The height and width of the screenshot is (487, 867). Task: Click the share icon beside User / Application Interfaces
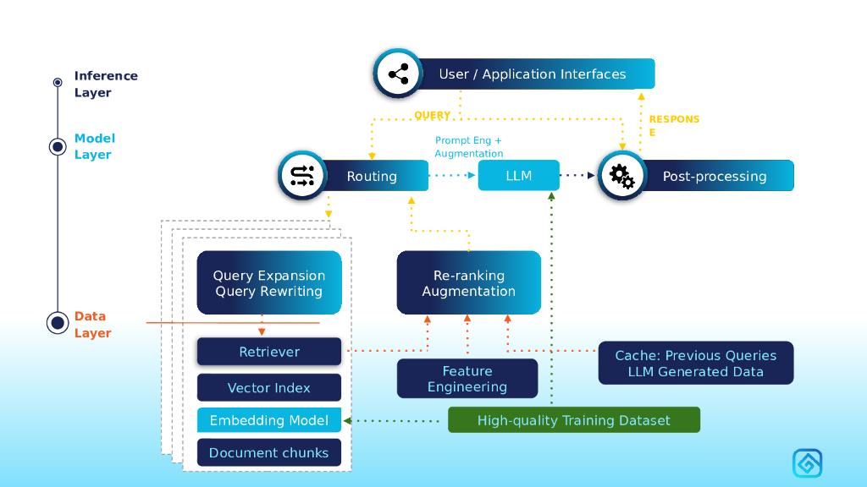tap(398, 74)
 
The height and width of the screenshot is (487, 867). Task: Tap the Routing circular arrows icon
tap(302, 176)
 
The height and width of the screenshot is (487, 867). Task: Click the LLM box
tap(518, 176)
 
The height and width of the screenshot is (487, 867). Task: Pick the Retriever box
tap(269, 352)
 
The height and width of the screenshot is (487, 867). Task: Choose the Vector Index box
tap(269, 388)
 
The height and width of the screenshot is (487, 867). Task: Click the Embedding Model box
tap(269, 420)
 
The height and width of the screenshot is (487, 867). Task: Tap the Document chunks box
tap(269, 452)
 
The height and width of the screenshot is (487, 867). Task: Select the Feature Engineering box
tap(467, 379)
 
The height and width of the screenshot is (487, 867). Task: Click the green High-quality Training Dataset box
tap(574, 420)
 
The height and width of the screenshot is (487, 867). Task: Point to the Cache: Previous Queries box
tap(696, 364)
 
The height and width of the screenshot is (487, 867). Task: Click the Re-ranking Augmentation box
tap(469, 283)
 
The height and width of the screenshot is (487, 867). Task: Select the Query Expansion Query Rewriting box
tap(269, 283)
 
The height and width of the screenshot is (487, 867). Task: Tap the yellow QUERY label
tap(432, 116)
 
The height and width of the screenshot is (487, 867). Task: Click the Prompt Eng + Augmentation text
tap(469, 147)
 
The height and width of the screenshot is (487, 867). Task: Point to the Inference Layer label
tap(106, 84)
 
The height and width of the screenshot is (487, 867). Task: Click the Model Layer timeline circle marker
tap(58, 146)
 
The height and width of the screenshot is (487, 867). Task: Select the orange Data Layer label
tap(92, 325)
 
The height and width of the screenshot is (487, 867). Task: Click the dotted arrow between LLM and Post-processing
tap(579, 176)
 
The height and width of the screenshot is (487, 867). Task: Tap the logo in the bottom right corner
tap(807, 463)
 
